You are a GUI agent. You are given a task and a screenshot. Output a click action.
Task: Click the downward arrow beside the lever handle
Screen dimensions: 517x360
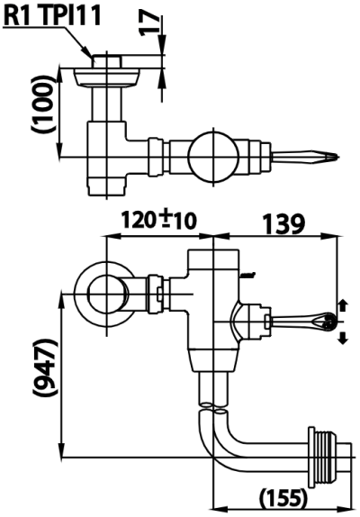(342, 337)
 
